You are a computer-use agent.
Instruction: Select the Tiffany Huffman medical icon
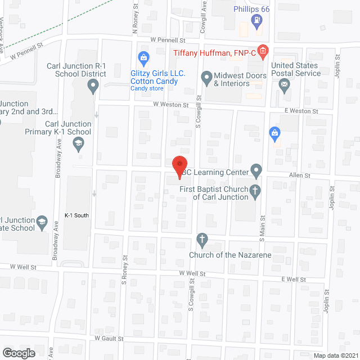tap(262, 51)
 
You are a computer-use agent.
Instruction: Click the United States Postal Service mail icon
tap(284, 85)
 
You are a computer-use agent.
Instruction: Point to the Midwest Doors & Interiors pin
tap(206, 76)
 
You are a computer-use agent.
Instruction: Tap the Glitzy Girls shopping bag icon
tap(143, 58)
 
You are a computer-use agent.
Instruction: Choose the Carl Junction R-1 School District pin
tap(93, 86)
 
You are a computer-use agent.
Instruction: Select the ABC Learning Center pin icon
tap(256, 169)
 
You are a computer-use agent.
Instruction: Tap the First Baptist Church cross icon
tap(255, 191)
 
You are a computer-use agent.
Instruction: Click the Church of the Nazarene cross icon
tap(202, 241)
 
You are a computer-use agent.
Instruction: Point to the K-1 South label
tap(76, 215)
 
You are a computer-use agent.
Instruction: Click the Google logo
tap(19, 353)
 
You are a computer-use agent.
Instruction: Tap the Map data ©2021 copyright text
tap(335, 355)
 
